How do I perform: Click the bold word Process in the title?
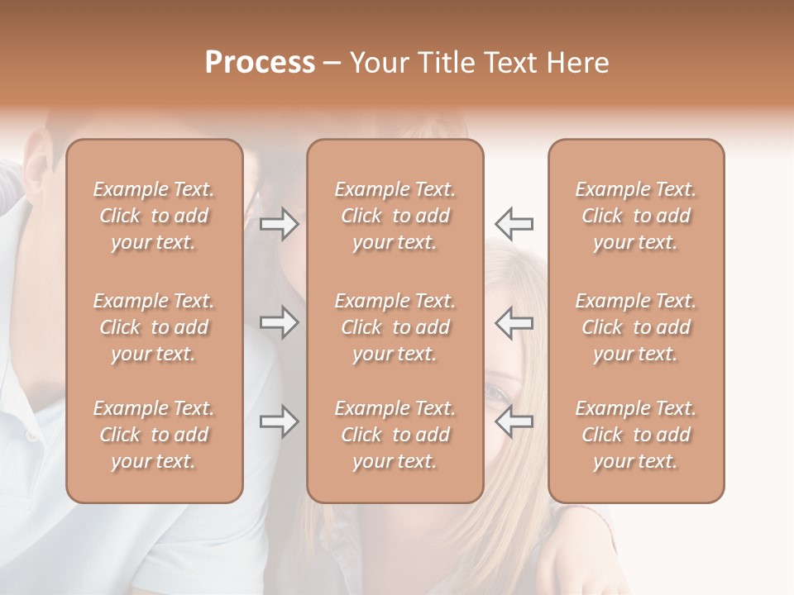click(260, 63)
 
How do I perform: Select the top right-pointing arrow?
click(279, 224)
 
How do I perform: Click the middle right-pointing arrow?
click(279, 321)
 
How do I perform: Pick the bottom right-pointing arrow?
click(279, 421)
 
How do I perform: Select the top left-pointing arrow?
click(514, 223)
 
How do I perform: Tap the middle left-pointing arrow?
click(514, 321)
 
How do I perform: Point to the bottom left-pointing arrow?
click(514, 421)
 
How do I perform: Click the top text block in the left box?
click(154, 216)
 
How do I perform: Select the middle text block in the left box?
click(154, 327)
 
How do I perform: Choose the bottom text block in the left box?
click(154, 435)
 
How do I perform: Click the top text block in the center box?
click(395, 216)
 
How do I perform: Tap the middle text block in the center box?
click(395, 327)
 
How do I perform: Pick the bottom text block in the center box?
click(395, 435)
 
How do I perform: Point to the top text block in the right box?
click(636, 216)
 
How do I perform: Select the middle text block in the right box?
click(636, 327)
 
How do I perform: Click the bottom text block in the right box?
click(636, 435)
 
